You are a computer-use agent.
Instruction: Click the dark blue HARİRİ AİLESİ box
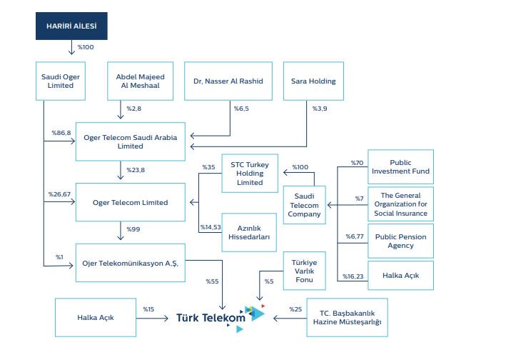point(71,26)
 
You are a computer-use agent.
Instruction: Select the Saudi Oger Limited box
point(61,81)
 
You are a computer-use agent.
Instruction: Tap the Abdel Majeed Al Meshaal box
point(140,81)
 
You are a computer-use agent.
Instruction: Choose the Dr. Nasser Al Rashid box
point(228,81)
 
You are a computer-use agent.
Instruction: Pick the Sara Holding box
point(313,81)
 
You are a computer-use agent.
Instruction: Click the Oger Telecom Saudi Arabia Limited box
point(131,141)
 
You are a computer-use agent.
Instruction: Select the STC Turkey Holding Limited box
point(250,174)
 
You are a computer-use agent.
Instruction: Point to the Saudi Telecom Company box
point(304,205)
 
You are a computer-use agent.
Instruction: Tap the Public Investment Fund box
point(400,167)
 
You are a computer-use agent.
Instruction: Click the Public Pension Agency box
point(400,241)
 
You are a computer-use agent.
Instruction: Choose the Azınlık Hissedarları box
point(249,232)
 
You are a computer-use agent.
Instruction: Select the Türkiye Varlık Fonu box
point(304,271)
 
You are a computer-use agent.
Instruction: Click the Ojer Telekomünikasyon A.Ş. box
point(131,263)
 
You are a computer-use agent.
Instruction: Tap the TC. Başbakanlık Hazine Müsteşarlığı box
point(347,317)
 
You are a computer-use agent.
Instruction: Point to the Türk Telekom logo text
point(211,318)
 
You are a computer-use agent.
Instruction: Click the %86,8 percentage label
point(61,133)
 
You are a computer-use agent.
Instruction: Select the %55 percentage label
point(212,281)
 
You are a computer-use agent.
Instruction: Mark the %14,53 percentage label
point(211,227)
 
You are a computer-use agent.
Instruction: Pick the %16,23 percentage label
point(353,276)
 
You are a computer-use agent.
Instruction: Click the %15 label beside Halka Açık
point(148,309)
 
